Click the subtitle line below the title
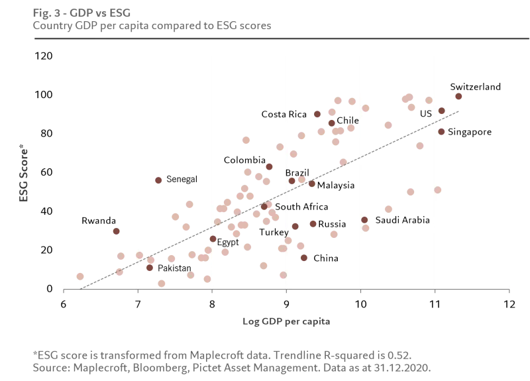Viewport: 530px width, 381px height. pos(153,27)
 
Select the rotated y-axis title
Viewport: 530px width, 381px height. pos(23,172)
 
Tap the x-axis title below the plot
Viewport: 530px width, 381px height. pos(286,323)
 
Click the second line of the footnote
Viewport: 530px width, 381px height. pos(232,368)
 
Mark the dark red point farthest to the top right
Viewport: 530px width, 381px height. pos(458,95)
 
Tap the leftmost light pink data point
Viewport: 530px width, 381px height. pos(79,275)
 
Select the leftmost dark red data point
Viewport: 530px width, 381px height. pos(117,233)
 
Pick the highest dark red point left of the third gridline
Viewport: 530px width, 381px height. pos(159,180)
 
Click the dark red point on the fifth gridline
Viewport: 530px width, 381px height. pos(365,219)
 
